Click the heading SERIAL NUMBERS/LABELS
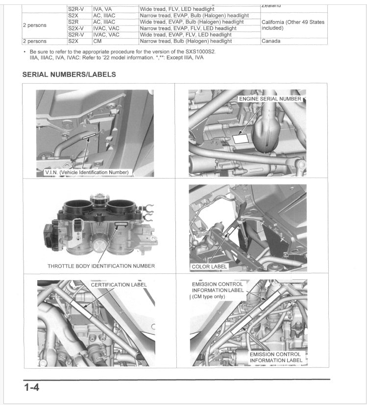(69, 75)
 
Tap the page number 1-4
(31, 388)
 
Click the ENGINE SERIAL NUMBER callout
(269, 99)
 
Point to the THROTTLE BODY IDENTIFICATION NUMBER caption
(101, 266)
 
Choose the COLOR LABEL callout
(209, 267)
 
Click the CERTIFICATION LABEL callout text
(119, 285)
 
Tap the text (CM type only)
(209, 296)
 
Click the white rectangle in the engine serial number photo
(241, 138)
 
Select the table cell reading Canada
(271, 42)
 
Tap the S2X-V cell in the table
(76, 28)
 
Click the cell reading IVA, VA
(102, 9)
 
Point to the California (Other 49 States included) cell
(293, 25)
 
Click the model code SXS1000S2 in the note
(197, 51)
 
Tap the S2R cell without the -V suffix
(73, 22)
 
